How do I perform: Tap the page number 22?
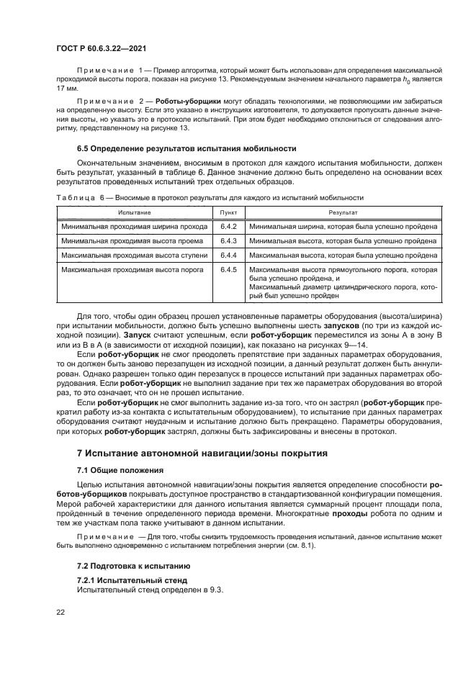[60, 613]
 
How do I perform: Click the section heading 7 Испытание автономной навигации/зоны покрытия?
[202, 453]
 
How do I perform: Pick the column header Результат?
[343, 213]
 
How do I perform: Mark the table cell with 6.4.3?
[229, 240]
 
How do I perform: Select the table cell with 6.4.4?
[229, 255]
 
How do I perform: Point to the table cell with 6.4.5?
[229, 269]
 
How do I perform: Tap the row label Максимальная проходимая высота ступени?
[135, 255]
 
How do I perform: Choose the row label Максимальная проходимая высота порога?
[133, 269]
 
